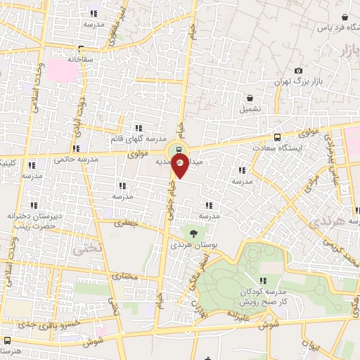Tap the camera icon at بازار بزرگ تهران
(x=299, y=71)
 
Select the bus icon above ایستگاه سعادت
(x=278, y=137)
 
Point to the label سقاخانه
(x=80, y=60)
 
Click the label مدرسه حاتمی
(x=74, y=157)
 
